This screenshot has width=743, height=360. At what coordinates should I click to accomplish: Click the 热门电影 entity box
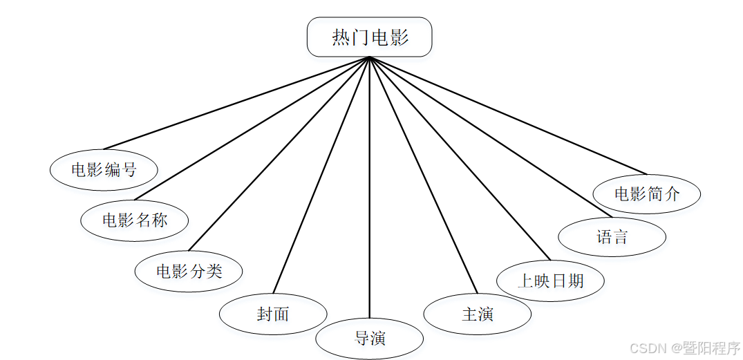(369, 37)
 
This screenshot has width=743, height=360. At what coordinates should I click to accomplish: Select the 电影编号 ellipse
(104, 169)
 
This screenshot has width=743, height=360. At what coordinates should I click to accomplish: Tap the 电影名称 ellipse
(135, 220)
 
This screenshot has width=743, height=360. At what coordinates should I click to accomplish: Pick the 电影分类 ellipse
(189, 271)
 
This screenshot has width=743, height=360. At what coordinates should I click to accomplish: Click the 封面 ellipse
(273, 314)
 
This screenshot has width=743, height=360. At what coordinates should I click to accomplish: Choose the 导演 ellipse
(370, 339)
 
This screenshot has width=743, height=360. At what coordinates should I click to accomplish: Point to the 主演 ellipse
(477, 314)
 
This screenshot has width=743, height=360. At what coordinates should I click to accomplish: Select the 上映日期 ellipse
(551, 281)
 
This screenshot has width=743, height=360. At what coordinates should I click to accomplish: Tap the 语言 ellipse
(612, 237)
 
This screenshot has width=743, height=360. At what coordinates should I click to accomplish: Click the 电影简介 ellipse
(647, 194)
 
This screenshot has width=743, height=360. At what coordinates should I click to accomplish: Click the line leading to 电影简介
(508, 115)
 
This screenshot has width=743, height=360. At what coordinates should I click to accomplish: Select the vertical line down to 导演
(370, 187)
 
